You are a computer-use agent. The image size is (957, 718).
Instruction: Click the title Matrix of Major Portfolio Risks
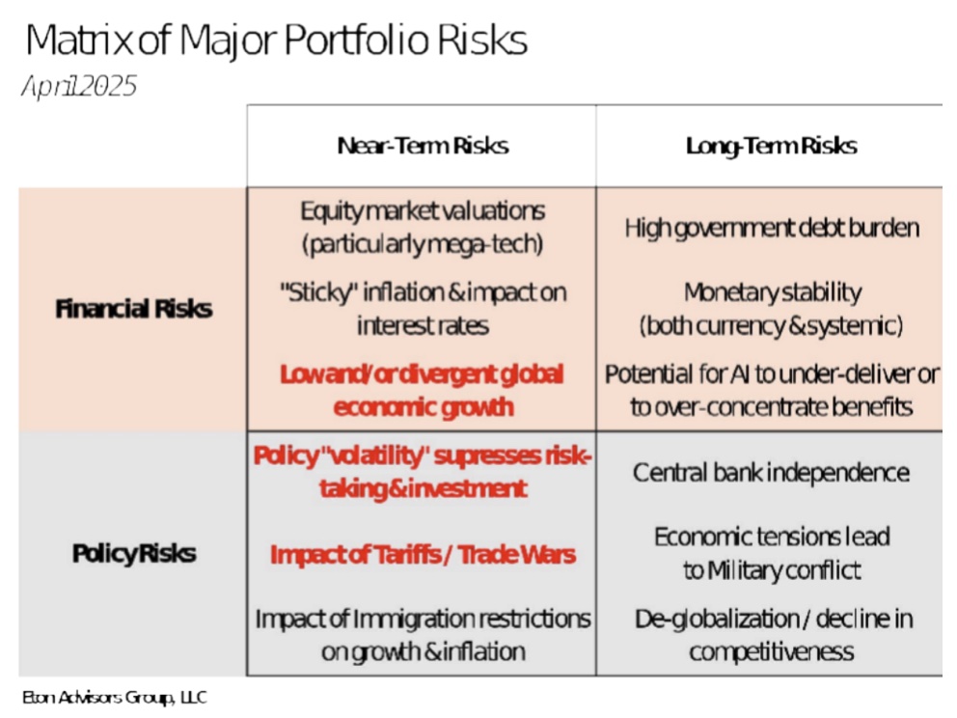[276, 41]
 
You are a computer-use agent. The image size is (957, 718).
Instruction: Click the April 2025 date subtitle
[79, 87]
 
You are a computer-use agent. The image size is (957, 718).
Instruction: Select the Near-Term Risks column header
[423, 146]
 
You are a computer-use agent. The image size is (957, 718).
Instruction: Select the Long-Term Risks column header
[771, 146]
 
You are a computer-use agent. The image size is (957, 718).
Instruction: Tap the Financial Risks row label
[133, 309]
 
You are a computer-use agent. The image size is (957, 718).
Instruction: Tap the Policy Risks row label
[133, 554]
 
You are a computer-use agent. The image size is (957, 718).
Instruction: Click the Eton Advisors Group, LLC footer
[115, 697]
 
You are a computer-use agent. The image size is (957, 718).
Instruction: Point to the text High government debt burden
[771, 229]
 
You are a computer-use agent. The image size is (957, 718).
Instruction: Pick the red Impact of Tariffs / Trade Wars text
[423, 555]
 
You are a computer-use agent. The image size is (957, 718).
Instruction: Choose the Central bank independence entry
[771, 473]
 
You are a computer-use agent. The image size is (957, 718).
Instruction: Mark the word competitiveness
[771, 651]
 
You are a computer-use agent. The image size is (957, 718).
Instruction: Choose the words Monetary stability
[771, 292]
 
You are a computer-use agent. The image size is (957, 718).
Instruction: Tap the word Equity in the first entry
[332, 211]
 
